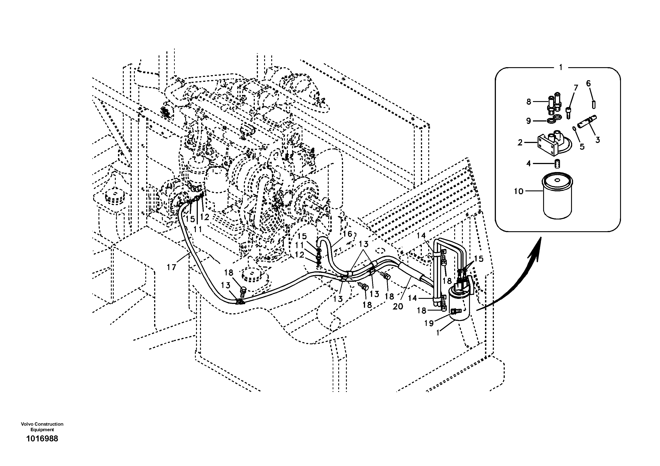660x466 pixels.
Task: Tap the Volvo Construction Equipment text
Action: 42,427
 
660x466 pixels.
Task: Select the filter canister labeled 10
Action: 557,198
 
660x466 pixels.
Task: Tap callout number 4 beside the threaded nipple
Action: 528,164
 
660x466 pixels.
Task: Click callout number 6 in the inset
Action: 588,84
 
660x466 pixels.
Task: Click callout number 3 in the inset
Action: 598,140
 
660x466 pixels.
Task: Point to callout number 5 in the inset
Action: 582,147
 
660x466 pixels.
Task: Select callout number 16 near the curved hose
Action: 348,234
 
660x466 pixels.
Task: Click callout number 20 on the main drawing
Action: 398,307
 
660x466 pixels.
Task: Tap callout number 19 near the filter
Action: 429,323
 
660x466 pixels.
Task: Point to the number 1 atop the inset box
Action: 561,68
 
